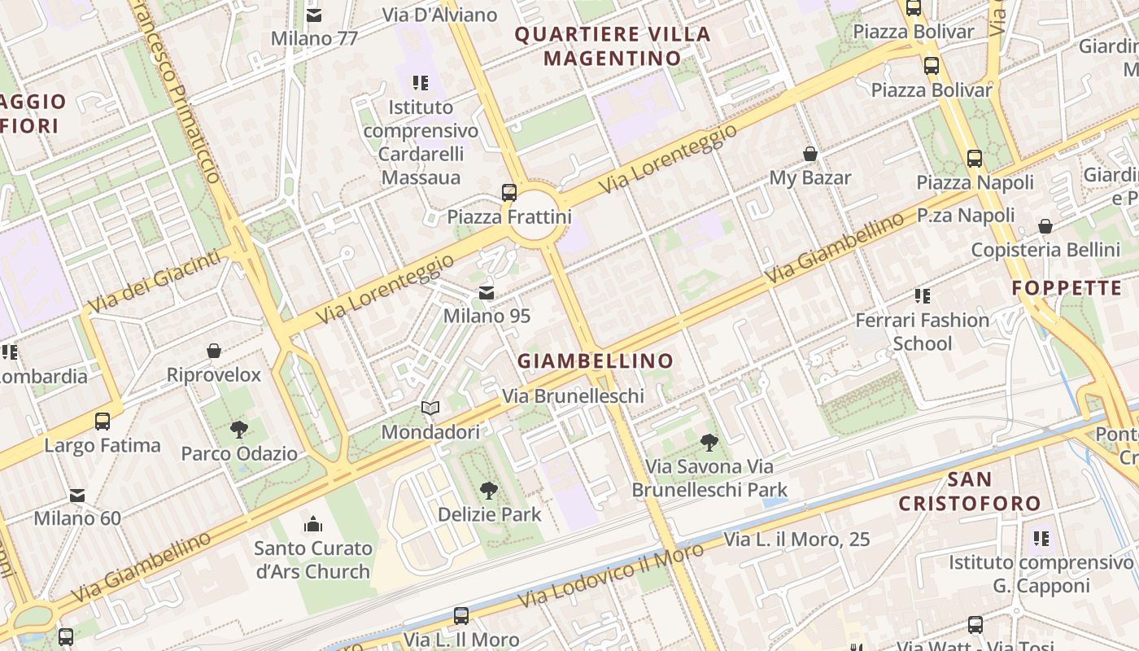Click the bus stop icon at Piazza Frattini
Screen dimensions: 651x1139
tap(509, 193)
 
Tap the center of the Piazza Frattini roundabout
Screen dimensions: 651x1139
tap(535, 216)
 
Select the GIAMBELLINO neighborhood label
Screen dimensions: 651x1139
tap(596, 360)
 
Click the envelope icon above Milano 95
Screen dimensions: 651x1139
tap(487, 292)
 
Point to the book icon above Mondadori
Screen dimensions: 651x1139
tap(430, 408)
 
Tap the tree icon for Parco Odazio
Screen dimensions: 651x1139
tap(239, 429)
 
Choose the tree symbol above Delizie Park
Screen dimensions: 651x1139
tap(488, 490)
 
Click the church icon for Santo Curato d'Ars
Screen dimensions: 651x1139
tap(312, 523)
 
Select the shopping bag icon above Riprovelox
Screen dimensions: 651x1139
tap(214, 351)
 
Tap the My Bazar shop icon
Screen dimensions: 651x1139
tap(810, 154)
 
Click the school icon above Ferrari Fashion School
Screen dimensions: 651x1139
tap(922, 295)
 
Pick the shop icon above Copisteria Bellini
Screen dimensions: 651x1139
tap(1045, 225)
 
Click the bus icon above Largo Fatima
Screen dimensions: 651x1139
tap(103, 421)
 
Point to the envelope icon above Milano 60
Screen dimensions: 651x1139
tap(77, 494)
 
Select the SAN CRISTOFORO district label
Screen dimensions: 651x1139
tap(970, 492)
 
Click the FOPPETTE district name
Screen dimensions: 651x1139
tap(1067, 288)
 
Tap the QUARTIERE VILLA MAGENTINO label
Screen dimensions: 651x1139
tap(613, 46)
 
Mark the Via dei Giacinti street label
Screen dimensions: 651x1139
tap(154, 282)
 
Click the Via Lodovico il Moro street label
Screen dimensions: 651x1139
tap(610, 576)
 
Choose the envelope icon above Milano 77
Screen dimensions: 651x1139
tap(314, 15)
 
